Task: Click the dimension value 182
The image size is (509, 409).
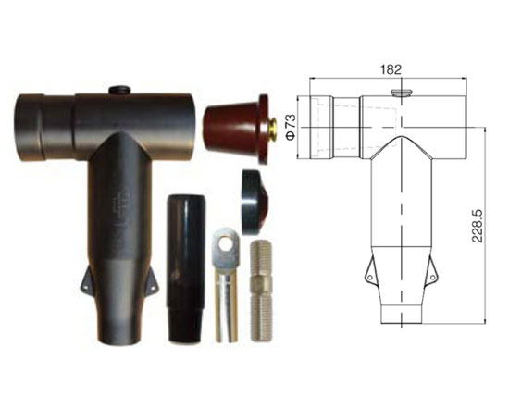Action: [391, 69]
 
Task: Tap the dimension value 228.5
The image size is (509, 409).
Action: [478, 226]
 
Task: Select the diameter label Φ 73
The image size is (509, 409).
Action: [291, 127]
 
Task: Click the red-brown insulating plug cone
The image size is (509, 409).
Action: [236, 129]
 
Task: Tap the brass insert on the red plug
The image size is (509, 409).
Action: [273, 129]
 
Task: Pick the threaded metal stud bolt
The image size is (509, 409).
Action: [262, 291]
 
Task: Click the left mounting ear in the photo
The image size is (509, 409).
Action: [87, 279]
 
